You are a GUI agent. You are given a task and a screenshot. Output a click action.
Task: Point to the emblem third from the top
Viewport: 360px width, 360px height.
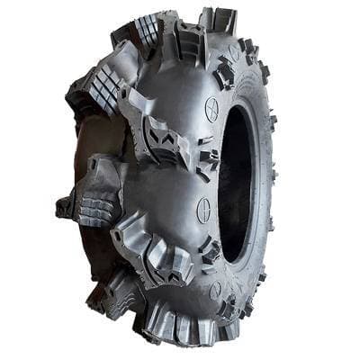click(204, 210)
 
